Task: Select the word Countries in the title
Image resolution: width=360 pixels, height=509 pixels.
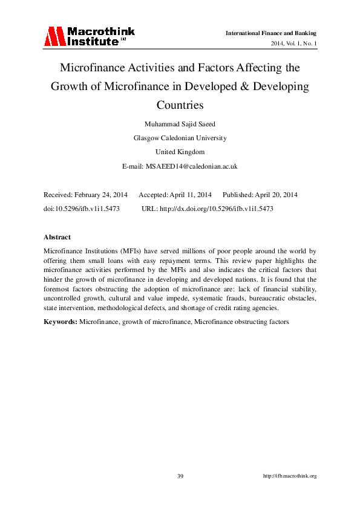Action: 180,105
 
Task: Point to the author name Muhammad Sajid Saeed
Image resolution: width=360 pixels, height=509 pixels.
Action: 180,123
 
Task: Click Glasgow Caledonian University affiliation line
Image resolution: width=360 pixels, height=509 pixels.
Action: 180,138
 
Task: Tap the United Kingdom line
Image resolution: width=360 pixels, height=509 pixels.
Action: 180,152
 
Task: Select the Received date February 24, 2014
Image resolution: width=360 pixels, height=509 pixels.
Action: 100,195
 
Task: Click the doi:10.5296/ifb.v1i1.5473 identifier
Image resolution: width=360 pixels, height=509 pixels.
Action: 82,209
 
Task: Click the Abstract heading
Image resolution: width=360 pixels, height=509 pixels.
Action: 57,237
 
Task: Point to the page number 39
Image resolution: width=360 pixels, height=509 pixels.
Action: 180,476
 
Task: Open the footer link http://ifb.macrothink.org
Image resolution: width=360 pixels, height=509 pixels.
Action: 290,476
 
